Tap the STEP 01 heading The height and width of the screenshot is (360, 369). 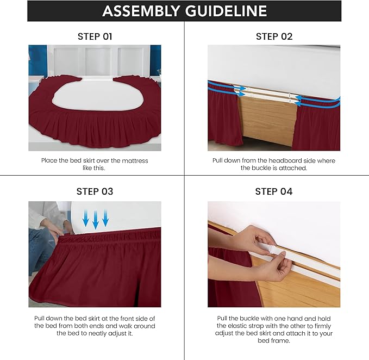coord(95,36)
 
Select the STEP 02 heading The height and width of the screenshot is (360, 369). coord(274,36)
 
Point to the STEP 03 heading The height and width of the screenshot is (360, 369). coord(95,191)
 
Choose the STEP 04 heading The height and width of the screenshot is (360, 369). coord(274,191)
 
